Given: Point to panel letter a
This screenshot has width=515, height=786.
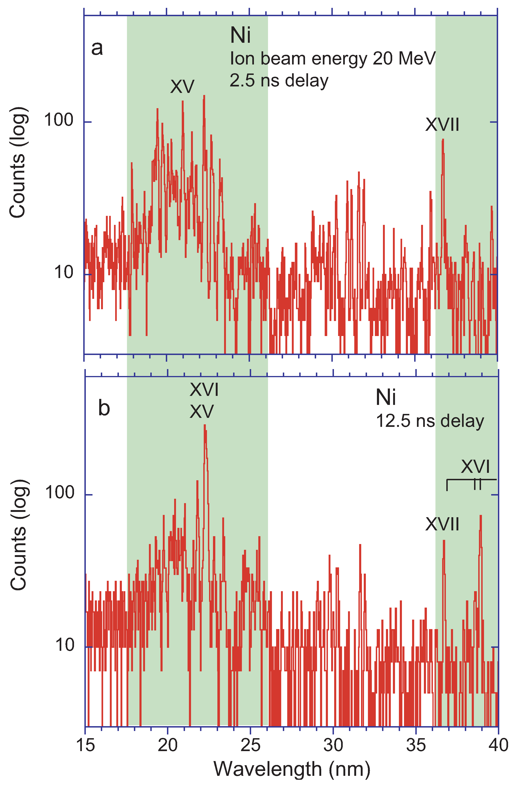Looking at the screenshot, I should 97,48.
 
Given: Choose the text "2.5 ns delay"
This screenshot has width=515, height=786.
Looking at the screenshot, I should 279,81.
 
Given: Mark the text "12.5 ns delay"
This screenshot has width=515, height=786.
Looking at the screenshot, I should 430,421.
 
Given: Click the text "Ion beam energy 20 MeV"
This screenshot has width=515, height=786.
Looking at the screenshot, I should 333,59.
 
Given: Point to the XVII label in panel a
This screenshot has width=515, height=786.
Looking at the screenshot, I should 442,125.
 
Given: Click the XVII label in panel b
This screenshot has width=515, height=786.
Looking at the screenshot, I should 442,524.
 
